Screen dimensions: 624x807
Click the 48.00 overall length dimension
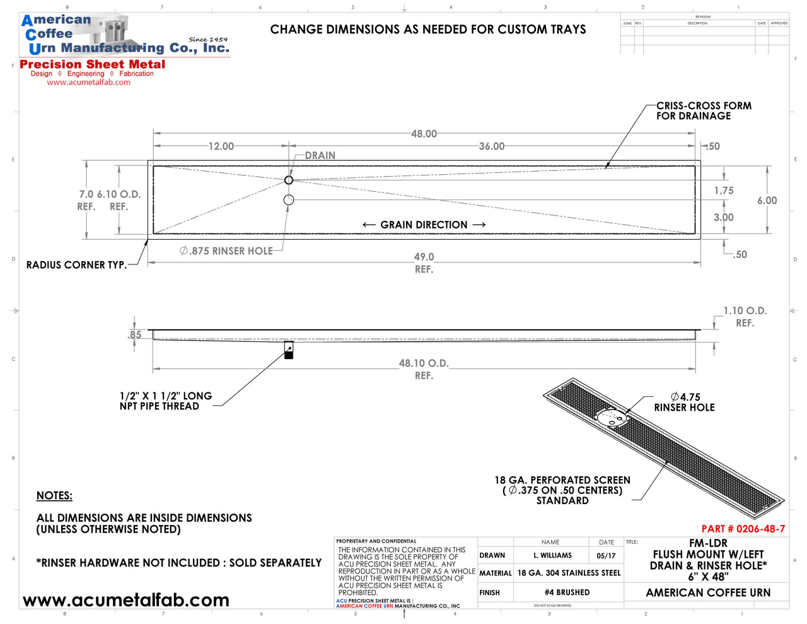point(424,134)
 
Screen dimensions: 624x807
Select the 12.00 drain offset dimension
point(221,146)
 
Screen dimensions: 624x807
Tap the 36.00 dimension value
point(492,146)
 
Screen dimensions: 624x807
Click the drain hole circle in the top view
point(289,180)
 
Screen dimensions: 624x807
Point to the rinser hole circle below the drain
point(289,200)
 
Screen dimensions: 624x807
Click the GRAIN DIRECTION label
point(424,225)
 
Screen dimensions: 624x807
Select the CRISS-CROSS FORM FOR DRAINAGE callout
point(704,111)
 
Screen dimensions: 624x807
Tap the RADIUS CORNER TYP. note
point(76,265)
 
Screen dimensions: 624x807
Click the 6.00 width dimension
point(767,201)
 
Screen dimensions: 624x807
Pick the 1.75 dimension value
point(724,191)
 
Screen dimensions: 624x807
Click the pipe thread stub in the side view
point(289,350)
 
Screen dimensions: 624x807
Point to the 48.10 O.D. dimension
point(424,363)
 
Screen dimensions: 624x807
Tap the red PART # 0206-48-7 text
point(743,529)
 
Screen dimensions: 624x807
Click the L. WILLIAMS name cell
point(552,556)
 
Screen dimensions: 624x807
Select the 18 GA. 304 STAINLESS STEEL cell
point(569,573)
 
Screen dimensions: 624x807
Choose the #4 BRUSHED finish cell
point(567,592)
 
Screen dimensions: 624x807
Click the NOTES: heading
point(54,496)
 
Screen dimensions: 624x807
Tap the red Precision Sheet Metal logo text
point(93,64)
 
